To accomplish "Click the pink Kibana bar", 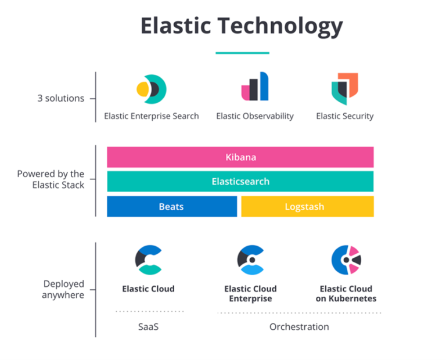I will (x=240, y=157).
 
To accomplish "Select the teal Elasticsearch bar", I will (x=240, y=181).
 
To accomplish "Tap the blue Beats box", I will (x=172, y=207).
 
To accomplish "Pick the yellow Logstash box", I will (x=307, y=207).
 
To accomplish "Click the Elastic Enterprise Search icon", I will (x=151, y=89).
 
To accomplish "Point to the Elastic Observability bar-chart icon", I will (x=255, y=87).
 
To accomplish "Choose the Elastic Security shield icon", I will (x=344, y=88).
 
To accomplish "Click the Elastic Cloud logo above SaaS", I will (x=148, y=260).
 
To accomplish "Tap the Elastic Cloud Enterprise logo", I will (x=250, y=260).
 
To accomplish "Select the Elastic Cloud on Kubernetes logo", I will (x=346, y=260).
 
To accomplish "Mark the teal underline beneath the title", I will (x=242, y=53).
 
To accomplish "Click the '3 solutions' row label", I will (x=60, y=99).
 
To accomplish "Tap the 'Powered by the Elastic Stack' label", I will (x=51, y=179).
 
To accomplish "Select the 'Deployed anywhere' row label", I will (x=64, y=289).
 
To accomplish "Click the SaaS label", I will (x=148, y=327).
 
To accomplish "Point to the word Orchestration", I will (x=299, y=327).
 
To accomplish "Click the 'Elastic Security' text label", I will (x=345, y=116).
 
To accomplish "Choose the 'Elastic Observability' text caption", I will (x=255, y=116).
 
